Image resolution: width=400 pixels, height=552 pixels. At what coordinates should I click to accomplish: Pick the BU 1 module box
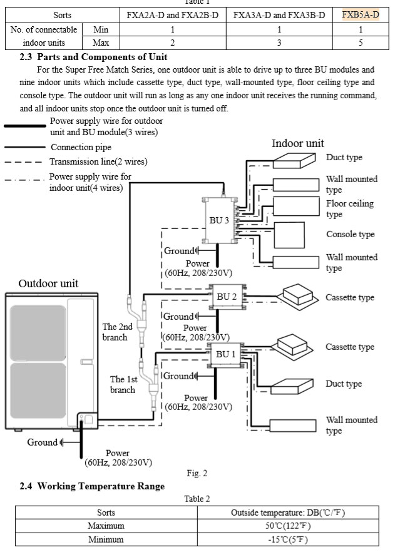pyautogui.click(x=224, y=354)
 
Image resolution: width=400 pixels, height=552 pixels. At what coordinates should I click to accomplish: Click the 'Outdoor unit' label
pyautogui.click(x=48, y=283)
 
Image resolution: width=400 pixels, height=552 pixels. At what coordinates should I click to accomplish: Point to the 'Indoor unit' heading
pyautogui.click(x=297, y=143)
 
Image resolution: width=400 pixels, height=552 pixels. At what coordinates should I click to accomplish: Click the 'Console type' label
pyautogui.click(x=350, y=234)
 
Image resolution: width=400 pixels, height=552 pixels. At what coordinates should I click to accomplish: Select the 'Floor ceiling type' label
pyautogui.click(x=349, y=209)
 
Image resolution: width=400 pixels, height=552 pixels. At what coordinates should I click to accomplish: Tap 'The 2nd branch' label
pyautogui.click(x=118, y=332)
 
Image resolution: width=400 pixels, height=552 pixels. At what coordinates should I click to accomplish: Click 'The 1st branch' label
pyautogui.click(x=123, y=384)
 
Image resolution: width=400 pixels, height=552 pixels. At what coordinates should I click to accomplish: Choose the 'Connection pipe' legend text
pyautogui.click(x=81, y=148)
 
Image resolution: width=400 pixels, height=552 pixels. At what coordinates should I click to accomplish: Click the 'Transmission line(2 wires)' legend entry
pyautogui.click(x=98, y=161)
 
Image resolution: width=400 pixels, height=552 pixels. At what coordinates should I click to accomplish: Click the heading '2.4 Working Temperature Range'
pyautogui.click(x=92, y=486)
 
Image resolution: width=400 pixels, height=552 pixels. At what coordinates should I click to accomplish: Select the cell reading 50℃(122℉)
pyautogui.click(x=287, y=526)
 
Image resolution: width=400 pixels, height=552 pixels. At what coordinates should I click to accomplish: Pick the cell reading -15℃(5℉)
pyautogui.click(x=287, y=539)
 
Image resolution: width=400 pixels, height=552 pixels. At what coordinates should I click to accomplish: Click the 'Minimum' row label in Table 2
pyautogui.click(x=106, y=539)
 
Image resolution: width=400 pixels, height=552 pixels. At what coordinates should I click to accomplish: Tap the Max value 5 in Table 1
pyautogui.click(x=361, y=43)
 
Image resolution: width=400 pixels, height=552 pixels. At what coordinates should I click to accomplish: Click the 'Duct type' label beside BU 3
pyautogui.click(x=344, y=157)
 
